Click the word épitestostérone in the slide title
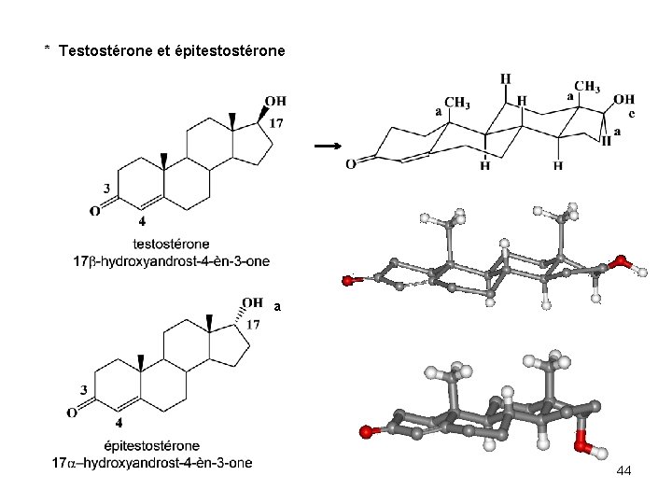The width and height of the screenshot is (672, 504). (x=230, y=49)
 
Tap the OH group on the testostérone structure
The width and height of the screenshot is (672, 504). (x=275, y=101)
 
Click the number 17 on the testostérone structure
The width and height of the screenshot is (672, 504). (x=276, y=123)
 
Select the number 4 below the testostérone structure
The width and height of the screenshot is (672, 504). (x=142, y=221)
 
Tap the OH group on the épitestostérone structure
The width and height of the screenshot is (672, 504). (x=252, y=302)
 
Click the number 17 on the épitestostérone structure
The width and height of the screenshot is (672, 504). (x=252, y=324)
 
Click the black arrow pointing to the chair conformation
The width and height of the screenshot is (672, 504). (x=327, y=147)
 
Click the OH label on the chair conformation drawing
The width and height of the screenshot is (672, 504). (x=624, y=98)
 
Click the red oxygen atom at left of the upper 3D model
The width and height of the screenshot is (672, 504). (x=348, y=278)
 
